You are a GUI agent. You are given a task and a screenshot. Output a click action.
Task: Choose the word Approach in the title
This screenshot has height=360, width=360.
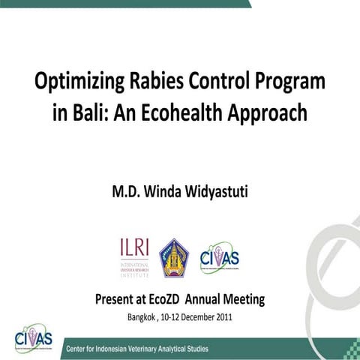(271, 113)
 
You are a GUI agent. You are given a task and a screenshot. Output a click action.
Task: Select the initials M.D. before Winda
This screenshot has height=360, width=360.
(124, 193)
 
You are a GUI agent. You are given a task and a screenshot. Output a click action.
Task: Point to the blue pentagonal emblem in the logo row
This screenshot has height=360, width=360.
(174, 257)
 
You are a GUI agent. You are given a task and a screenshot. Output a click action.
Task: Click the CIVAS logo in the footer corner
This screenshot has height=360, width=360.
(34, 339)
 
